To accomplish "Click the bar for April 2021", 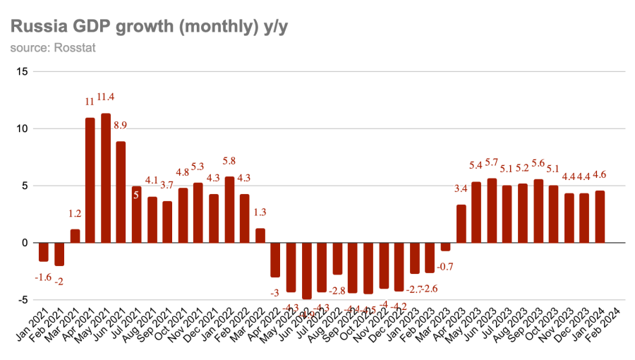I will [x=90, y=180].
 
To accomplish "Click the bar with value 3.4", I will [x=461, y=224].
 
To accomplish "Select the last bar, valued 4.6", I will [x=600, y=217].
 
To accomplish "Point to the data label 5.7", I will [x=492, y=162].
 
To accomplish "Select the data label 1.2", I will [x=75, y=214].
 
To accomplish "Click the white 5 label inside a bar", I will [x=136, y=195].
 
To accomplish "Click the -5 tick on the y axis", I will [x=23, y=300].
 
